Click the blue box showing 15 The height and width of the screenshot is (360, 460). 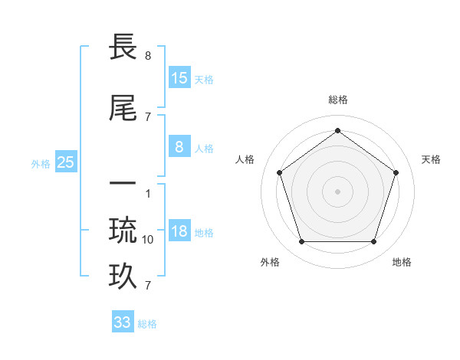click(179, 78)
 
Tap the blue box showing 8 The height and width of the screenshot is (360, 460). click(179, 147)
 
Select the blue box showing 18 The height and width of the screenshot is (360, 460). click(179, 231)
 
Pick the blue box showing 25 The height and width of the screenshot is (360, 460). click(65, 162)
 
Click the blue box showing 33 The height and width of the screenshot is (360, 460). click(123, 322)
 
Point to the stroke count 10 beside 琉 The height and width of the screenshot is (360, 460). click(148, 240)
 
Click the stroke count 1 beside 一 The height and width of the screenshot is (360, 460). click(148, 194)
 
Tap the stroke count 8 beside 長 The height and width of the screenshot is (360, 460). click(148, 56)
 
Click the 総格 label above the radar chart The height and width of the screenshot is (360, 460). click(338, 100)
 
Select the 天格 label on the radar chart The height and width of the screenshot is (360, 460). click(431, 159)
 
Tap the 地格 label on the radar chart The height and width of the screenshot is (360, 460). click(402, 262)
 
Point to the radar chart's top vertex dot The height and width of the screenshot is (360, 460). click(338, 130)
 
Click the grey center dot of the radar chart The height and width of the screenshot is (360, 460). click(338, 191)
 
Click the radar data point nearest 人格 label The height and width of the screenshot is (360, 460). click(279, 172)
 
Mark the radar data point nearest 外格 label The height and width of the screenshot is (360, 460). click(301, 242)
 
